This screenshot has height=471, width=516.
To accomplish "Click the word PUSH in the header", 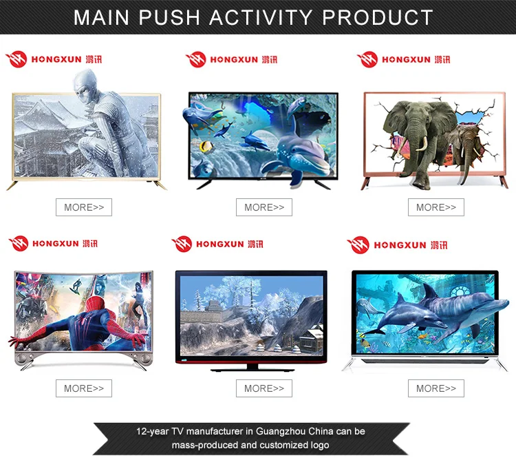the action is pos(169,17).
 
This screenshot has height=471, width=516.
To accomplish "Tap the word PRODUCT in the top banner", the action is pos(378,17).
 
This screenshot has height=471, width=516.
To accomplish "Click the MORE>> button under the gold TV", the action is pos(84,207).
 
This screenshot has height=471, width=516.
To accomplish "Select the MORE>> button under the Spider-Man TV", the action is pos(84,388).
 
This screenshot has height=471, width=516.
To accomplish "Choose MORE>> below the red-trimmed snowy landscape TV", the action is pos(264,388).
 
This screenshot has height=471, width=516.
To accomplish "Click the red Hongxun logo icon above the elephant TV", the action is pos(367,59).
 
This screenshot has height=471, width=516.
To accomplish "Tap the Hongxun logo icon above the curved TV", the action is pos(19,243).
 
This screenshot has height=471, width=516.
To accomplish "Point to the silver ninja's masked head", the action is pos(85,83).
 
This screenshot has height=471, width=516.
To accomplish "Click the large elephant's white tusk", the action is pos(423,144).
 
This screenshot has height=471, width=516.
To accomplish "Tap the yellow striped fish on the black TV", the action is pos(206,146).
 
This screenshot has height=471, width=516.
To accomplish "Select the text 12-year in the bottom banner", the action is pos(152,432).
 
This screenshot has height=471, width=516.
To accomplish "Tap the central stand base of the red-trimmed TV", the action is pos(252,368).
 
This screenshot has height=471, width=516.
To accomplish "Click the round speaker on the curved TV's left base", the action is pos(23,359).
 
